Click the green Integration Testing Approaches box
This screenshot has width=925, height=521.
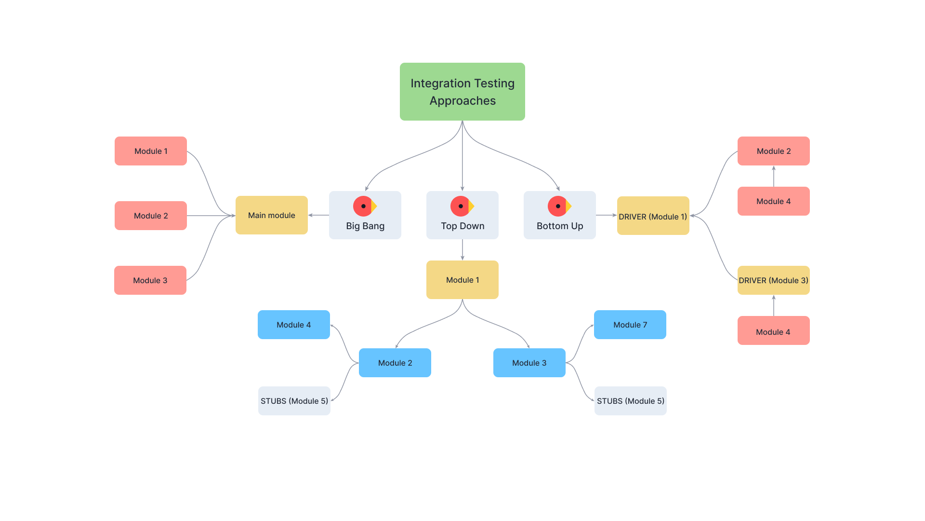462,92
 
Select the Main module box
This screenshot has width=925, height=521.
271,215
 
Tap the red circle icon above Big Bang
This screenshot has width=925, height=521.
363,206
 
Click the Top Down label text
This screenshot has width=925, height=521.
462,226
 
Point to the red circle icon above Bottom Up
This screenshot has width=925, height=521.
557,206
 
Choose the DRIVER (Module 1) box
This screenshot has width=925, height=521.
653,216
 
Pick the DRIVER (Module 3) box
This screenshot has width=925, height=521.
773,280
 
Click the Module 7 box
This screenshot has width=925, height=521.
630,325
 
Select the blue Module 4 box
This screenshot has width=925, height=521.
293,325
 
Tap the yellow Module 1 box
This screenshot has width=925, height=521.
462,280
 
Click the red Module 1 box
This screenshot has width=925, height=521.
151,151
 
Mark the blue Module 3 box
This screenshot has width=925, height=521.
529,363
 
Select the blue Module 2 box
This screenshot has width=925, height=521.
395,363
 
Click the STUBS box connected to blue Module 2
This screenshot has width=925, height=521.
294,401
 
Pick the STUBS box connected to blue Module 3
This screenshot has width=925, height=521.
630,401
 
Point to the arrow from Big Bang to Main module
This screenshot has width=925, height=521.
318,215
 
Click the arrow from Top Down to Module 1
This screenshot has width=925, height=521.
462,250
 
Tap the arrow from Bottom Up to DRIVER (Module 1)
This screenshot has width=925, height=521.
606,215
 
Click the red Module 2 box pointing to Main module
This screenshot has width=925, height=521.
151,216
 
